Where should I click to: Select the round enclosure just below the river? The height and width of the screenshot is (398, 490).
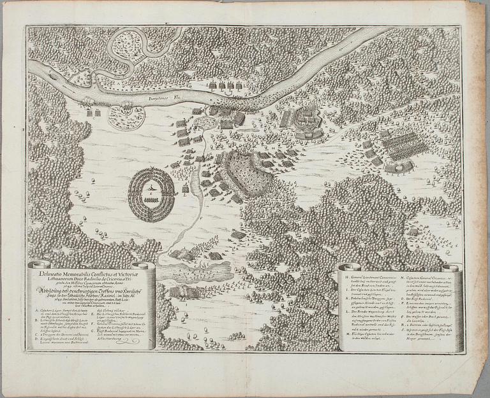[x=117, y=118]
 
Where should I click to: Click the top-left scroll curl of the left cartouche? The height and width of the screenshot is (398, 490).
[x=36, y=266]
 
